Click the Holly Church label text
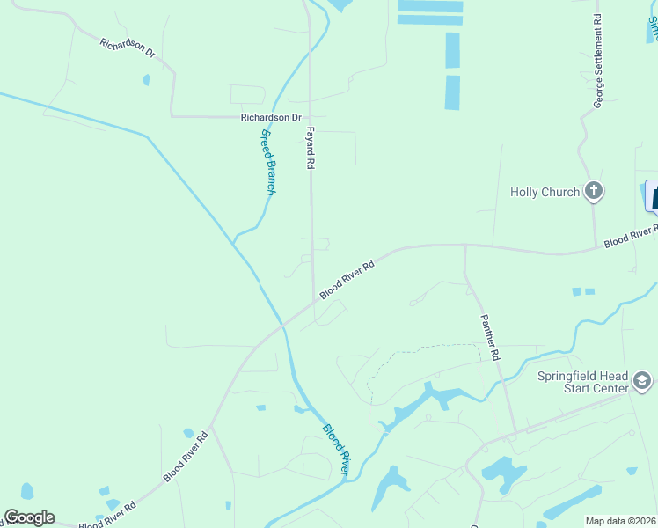click(545, 192)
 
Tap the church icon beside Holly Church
click(594, 191)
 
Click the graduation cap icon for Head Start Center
click(642, 381)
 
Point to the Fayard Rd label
click(310, 146)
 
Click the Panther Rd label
click(490, 338)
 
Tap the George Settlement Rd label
click(597, 61)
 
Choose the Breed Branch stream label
click(268, 162)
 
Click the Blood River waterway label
click(337, 451)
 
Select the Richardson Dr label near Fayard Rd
click(272, 117)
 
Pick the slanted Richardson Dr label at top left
click(128, 48)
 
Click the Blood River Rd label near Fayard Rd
click(347, 278)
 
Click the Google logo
click(29, 517)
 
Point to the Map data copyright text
click(620, 521)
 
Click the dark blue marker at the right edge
click(654, 194)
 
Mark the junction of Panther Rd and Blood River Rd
click(465, 246)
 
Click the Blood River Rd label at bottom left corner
click(107, 517)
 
